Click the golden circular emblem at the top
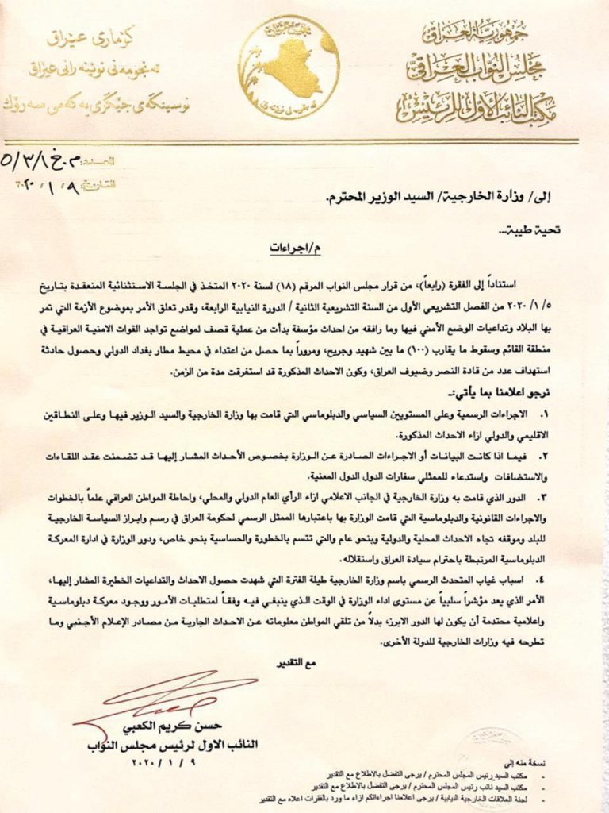tap(289, 68)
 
